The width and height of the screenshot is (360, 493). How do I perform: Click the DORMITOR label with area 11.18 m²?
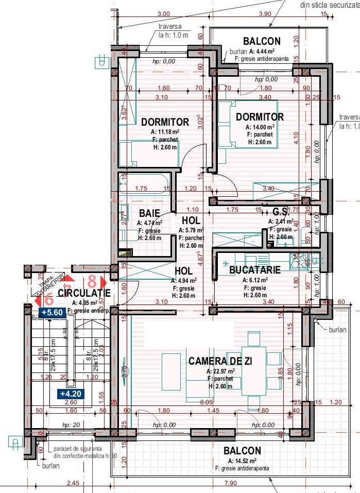165,122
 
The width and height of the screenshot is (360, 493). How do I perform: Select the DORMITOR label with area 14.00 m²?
260,117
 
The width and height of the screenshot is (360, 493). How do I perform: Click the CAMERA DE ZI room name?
220,361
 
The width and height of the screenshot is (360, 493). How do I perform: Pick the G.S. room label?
280,211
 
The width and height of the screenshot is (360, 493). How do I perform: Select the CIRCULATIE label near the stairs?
84,293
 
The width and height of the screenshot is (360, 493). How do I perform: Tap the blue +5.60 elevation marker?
52,312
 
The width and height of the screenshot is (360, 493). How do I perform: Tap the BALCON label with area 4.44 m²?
262,41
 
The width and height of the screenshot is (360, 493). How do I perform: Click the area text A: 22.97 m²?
220,371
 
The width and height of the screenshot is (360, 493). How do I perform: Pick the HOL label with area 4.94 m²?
183,270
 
